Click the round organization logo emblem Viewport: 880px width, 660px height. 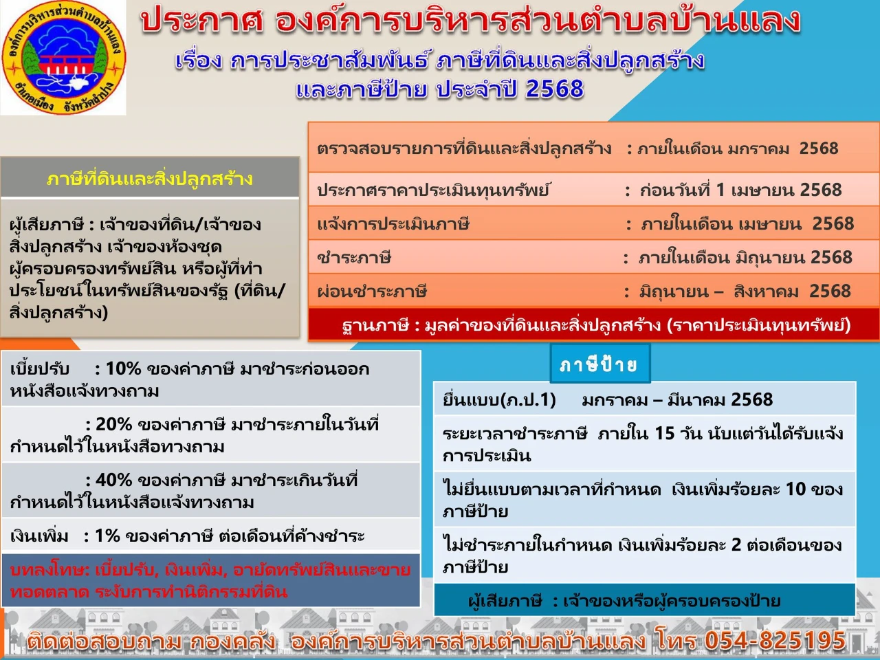[64, 57]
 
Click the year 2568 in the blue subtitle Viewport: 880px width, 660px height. [554, 89]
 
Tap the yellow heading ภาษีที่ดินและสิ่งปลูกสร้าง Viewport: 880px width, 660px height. [150, 179]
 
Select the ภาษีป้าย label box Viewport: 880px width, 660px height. [599, 364]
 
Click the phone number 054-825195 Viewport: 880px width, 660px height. [775, 640]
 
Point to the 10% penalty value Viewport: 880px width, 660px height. [124, 368]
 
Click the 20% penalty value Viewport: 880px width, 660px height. [114, 424]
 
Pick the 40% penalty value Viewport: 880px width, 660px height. [114, 480]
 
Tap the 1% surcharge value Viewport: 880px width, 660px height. [107, 536]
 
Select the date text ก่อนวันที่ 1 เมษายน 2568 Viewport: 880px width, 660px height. [740, 190]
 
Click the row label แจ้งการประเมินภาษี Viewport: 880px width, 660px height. [393, 223]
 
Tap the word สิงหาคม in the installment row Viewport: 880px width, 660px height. [766, 291]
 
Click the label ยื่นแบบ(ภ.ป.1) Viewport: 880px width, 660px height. [499, 400]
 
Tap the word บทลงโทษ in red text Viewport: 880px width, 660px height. [48, 569]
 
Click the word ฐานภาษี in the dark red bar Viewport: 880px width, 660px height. [375, 325]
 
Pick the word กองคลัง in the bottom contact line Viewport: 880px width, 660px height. [232, 641]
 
